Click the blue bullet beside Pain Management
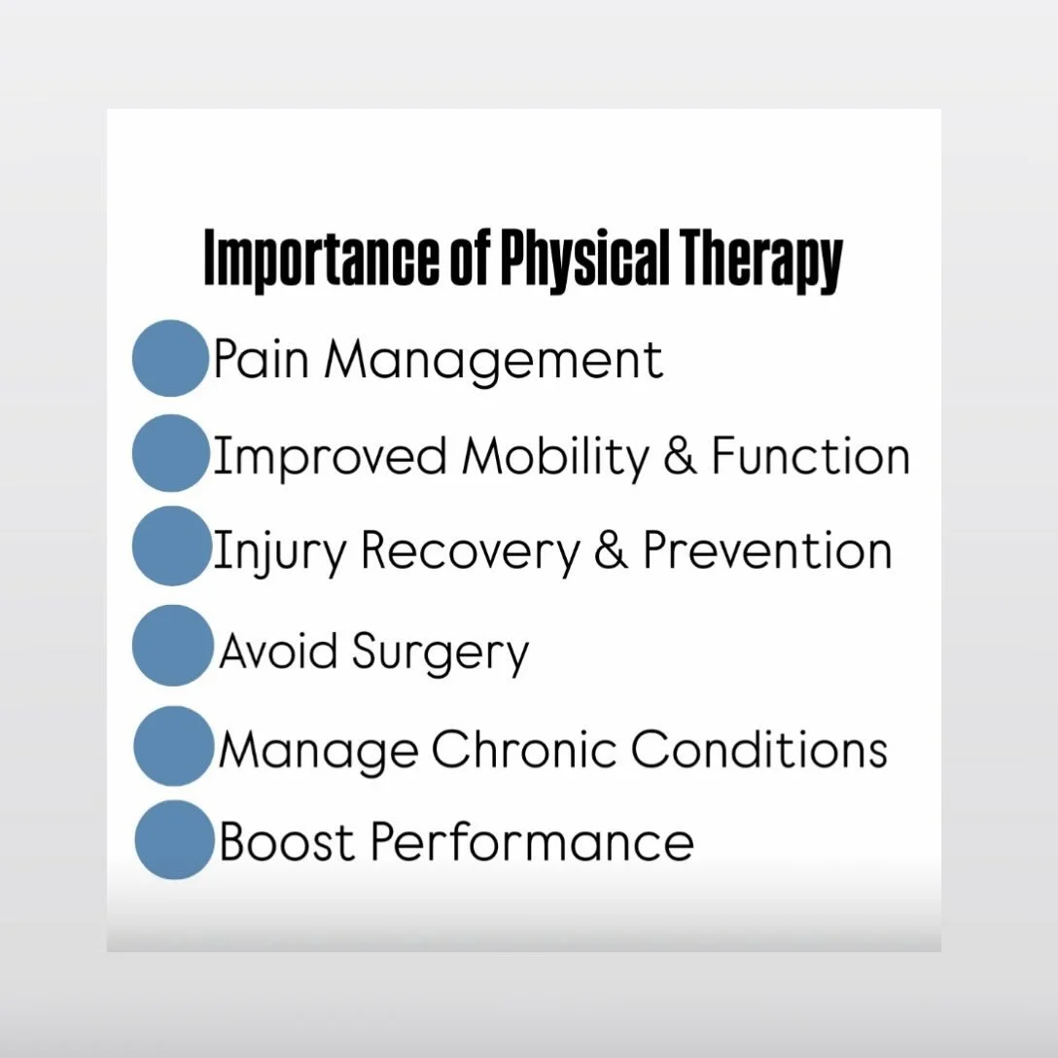click(170, 358)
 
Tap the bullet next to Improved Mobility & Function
click(170, 453)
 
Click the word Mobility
click(554, 456)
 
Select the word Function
click(810, 456)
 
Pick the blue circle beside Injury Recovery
click(170, 546)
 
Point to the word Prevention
click(767, 550)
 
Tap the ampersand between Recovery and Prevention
click(611, 551)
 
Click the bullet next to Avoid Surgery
click(171, 646)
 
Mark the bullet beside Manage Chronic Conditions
click(172, 746)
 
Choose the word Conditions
click(758, 749)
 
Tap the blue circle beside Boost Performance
click(173, 840)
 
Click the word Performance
click(533, 841)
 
